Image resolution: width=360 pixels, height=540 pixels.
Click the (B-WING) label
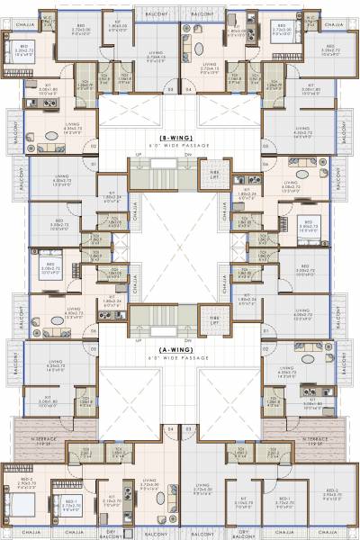(180, 136)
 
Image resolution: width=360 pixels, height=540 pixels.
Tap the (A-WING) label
(180, 349)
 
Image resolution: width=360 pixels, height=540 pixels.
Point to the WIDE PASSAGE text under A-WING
(180, 357)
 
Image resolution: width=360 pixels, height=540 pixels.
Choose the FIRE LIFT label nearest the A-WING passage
(214, 319)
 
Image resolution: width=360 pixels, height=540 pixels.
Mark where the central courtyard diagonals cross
(180, 247)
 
